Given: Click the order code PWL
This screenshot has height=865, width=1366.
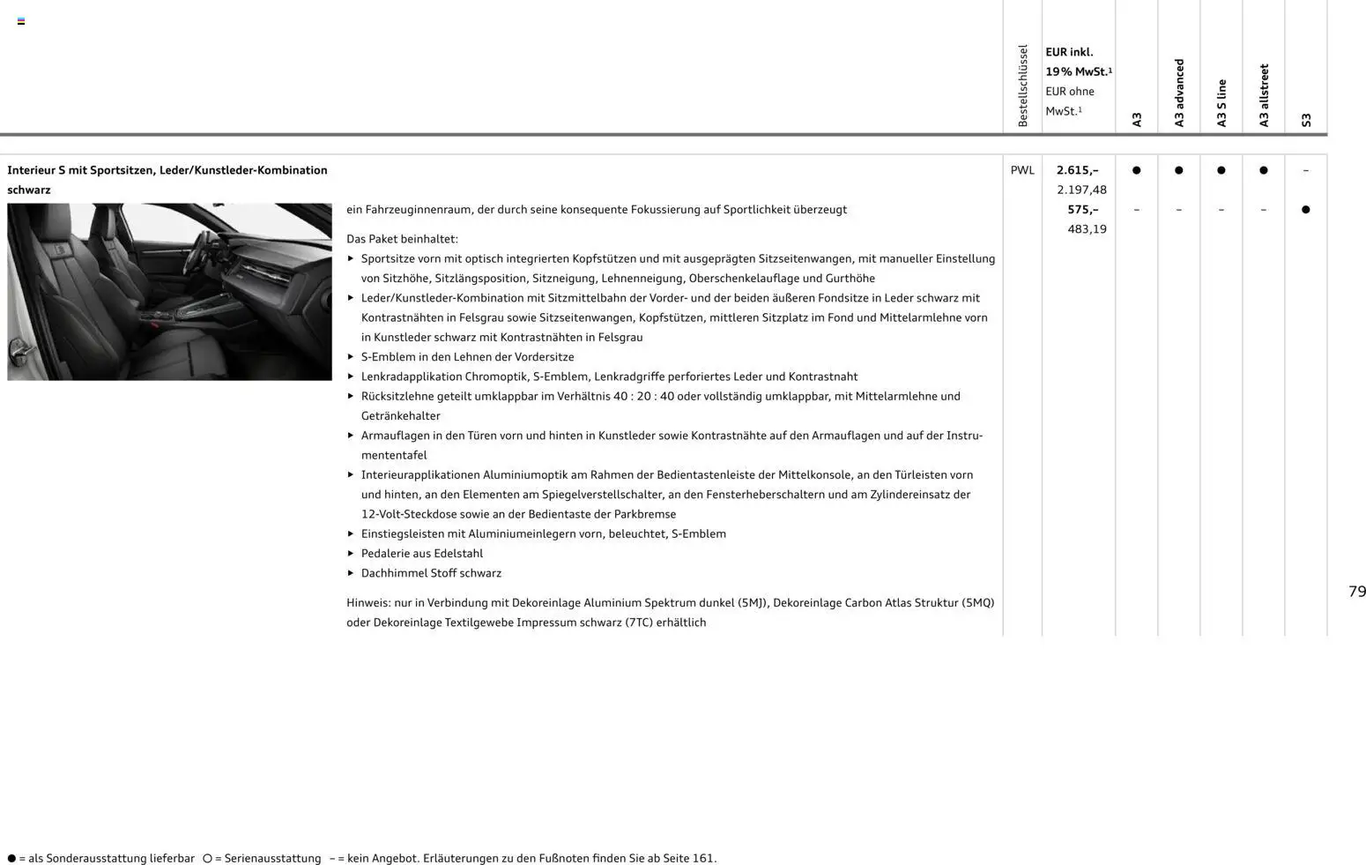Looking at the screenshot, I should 1022,170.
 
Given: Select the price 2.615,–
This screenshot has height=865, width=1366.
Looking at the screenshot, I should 1077,170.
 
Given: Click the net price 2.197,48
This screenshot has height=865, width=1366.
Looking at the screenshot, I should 1081,190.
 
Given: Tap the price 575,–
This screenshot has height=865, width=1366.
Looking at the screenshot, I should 1082,210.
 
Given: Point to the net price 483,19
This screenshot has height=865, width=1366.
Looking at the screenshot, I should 1087,229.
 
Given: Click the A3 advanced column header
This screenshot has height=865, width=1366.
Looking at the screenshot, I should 1179,93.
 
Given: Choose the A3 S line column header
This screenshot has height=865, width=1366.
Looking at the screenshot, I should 1221,103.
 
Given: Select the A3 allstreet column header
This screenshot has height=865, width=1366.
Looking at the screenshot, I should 1264,95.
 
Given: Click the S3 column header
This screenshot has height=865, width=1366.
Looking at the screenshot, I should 1306,120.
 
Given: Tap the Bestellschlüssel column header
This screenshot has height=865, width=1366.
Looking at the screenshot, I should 1022,86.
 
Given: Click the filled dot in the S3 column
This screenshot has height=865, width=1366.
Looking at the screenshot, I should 1305,210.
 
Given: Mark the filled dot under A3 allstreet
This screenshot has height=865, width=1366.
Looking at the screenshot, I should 1263,170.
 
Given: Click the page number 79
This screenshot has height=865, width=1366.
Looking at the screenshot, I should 1356,592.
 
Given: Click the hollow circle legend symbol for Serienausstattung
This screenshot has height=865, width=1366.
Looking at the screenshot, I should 207,858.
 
